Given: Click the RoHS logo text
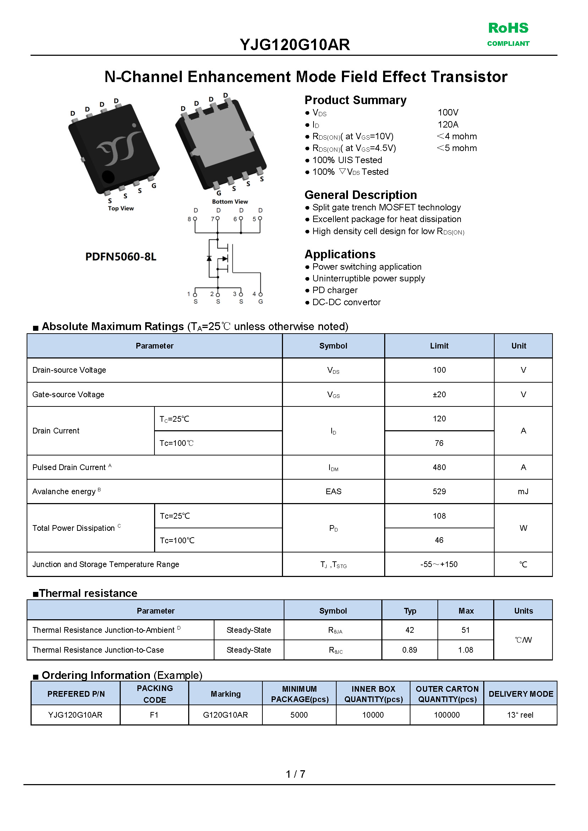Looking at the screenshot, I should pyautogui.click(x=508, y=28).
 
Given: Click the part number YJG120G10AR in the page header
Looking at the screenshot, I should pyautogui.click(x=295, y=45).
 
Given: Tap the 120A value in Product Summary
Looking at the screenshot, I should pyautogui.click(x=448, y=125).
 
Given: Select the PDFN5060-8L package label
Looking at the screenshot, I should pyautogui.click(x=121, y=257).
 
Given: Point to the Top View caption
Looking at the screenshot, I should pyautogui.click(x=121, y=208).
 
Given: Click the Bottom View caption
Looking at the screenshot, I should pyautogui.click(x=230, y=201).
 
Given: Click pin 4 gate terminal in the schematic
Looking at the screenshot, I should pyautogui.click(x=260, y=295).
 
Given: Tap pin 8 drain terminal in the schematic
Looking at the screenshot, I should pyautogui.click(x=195, y=219).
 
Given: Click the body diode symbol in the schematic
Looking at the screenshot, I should pyautogui.click(x=209, y=258).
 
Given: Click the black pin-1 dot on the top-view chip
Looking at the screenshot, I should pyautogui.click(x=108, y=177).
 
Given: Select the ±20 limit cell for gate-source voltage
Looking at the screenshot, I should pyautogui.click(x=439, y=394).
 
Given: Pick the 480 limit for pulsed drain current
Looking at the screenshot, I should pyautogui.click(x=439, y=467).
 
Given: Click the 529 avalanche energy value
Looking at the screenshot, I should pyautogui.click(x=439, y=492).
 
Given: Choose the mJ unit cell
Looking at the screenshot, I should pyautogui.click(x=523, y=492).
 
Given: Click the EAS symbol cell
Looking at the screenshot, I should pyautogui.click(x=333, y=492).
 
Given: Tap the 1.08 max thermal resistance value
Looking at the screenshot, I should pyautogui.click(x=466, y=650).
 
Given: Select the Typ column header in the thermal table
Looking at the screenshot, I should pyautogui.click(x=410, y=611).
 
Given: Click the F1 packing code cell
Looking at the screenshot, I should pyautogui.click(x=154, y=715).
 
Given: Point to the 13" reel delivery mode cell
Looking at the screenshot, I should pyautogui.click(x=520, y=715).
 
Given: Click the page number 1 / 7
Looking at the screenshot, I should pyautogui.click(x=295, y=774).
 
